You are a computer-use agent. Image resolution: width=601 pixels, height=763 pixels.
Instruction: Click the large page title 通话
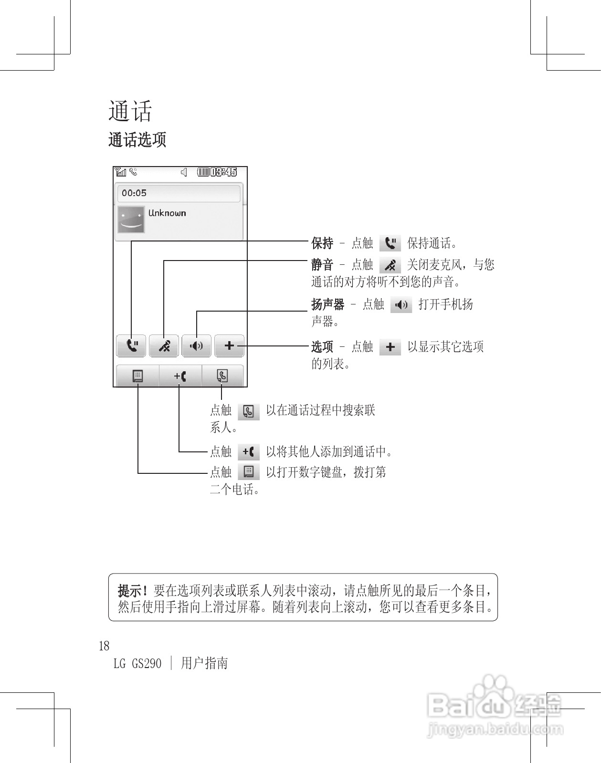(x=130, y=112)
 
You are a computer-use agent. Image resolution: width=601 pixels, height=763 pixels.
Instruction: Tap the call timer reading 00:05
(x=134, y=193)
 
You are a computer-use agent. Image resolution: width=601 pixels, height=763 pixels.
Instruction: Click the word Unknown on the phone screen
(x=167, y=213)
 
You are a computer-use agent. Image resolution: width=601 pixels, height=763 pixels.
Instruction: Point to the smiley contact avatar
(x=131, y=219)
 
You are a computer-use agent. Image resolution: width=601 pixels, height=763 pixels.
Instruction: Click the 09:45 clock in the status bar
(x=223, y=172)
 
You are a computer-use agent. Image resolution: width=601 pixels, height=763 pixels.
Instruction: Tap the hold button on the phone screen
(x=131, y=345)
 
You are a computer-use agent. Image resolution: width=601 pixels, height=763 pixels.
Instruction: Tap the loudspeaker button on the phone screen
(x=196, y=345)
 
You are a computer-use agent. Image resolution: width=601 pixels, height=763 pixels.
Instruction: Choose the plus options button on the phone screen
(x=229, y=345)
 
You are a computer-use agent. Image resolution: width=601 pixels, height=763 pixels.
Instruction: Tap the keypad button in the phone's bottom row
(x=137, y=376)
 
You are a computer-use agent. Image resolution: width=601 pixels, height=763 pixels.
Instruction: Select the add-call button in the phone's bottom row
(x=180, y=376)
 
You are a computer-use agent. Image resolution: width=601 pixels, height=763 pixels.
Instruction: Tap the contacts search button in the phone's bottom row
(x=222, y=376)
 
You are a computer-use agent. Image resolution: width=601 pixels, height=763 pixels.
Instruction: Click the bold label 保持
(x=322, y=243)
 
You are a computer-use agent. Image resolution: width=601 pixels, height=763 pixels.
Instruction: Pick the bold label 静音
(x=322, y=264)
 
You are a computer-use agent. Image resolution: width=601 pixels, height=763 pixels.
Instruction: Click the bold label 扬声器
(x=327, y=304)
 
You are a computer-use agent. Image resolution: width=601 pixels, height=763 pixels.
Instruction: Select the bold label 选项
(x=322, y=346)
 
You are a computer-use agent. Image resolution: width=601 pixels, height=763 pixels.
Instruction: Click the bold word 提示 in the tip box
(x=130, y=591)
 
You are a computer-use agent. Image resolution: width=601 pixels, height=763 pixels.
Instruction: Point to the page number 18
(x=104, y=646)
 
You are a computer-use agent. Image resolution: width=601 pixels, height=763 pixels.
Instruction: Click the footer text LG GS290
(x=137, y=663)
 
